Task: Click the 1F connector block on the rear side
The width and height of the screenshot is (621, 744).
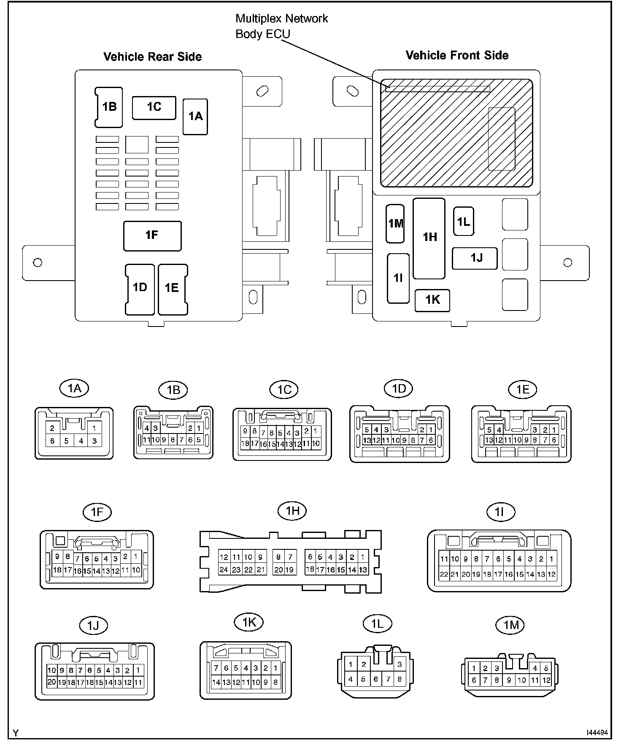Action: (x=152, y=236)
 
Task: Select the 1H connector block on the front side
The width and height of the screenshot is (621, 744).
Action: (x=429, y=238)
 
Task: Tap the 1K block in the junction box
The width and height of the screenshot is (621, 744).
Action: (x=432, y=300)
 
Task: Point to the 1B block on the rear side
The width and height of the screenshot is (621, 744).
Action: (x=109, y=107)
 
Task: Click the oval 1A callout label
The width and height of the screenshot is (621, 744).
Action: (x=75, y=388)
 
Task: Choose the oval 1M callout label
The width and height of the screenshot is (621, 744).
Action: (x=511, y=625)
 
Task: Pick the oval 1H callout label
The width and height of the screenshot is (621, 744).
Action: (x=292, y=511)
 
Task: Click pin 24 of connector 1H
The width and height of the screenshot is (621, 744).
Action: (x=224, y=570)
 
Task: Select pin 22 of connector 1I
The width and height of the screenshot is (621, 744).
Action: (x=444, y=574)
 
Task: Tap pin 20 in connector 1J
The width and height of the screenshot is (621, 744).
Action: (x=51, y=682)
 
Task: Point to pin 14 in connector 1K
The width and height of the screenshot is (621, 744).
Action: (x=216, y=682)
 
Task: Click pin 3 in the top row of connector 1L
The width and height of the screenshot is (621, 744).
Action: (x=400, y=665)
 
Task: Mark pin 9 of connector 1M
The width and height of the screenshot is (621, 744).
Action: (x=509, y=680)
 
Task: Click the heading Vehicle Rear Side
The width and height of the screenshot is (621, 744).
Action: (x=152, y=57)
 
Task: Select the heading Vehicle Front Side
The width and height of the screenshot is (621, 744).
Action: (x=457, y=55)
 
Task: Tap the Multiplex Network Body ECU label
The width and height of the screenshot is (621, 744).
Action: (x=281, y=26)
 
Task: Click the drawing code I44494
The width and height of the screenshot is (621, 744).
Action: (x=597, y=733)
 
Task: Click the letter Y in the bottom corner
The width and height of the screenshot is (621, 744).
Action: (x=16, y=733)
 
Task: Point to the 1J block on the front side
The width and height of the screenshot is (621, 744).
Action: (x=475, y=258)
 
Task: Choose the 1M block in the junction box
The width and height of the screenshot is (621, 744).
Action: (x=395, y=224)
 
